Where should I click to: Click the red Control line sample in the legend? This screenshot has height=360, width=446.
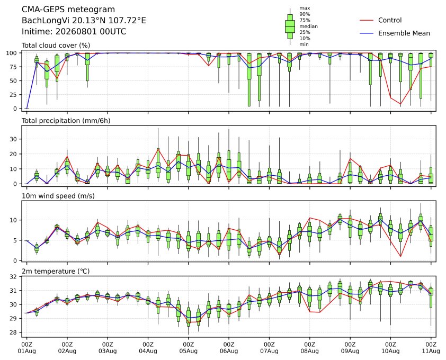click(x=367, y=20)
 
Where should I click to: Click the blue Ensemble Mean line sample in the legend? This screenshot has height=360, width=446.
click(x=367, y=33)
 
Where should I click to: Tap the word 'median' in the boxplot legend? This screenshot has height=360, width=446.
click(x=308, y=26)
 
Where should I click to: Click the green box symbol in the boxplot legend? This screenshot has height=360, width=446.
click(x=290, y=26)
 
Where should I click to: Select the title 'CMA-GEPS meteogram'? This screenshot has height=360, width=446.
click(x=68, y=10)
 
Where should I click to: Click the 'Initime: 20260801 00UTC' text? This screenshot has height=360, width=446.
click(x=74, y=31)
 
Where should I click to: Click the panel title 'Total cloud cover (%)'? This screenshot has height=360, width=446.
click(x=56, y=46)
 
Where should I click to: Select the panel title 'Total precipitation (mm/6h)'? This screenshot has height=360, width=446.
click(x=66, y=121)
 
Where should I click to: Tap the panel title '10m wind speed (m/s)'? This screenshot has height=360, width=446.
click(x=58, y=196)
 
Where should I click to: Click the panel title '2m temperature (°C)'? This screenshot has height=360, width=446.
click(x=56, y=272)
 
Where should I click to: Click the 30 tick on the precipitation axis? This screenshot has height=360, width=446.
click(x=14, y=139)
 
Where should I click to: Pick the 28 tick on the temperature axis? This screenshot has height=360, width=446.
click(x=14, y=332)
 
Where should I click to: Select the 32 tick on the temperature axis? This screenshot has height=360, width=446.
click(x=14, y=277)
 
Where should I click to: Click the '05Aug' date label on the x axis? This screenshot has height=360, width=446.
click(x=188, y=351)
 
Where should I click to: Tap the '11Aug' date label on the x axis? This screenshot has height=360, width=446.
click(x=431, y=351)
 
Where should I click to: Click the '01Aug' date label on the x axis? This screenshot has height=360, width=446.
click(x=26, y=351)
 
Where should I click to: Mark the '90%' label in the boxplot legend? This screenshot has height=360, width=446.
click(x=305, y=14)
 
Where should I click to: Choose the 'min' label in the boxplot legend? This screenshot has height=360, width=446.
click(x=304, y=44)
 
